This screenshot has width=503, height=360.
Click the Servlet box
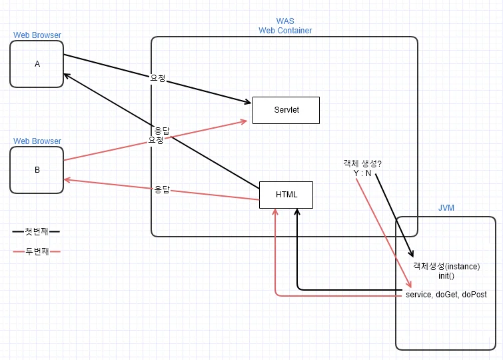[x=286, y=110]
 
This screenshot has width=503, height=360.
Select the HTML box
[x=286, y=195]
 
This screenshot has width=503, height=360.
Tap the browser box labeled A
[x=37, y=64]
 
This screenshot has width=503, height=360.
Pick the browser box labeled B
[x=37, y=170]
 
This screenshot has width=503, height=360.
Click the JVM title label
[x=446, y=208]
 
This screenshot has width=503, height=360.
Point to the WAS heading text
[x=285, y=21]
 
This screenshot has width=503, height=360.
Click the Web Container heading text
[x=285, y=31]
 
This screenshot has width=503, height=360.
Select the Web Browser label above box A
[x=37, y=35]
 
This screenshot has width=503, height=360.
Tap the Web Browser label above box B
[x=37, y=141]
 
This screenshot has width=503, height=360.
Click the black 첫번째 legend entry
[x=36, y=231]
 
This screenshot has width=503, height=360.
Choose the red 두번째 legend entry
[x=37, y=251]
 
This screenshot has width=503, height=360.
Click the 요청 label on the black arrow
[x=158, y=78]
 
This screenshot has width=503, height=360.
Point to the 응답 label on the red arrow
[x=162, y=189]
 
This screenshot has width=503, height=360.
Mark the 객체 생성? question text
[x=362, y=163]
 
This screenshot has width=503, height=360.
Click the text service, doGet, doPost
[x=446, y=295]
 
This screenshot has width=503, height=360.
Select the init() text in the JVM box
[x=446, y=276]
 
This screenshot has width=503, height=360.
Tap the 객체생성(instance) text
[x=446, y=266]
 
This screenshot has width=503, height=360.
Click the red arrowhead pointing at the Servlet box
[x=244, y=122]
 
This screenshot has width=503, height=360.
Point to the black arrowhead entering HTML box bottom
[x=297, y=211]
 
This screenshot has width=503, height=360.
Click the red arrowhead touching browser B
[x=67, y=180]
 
